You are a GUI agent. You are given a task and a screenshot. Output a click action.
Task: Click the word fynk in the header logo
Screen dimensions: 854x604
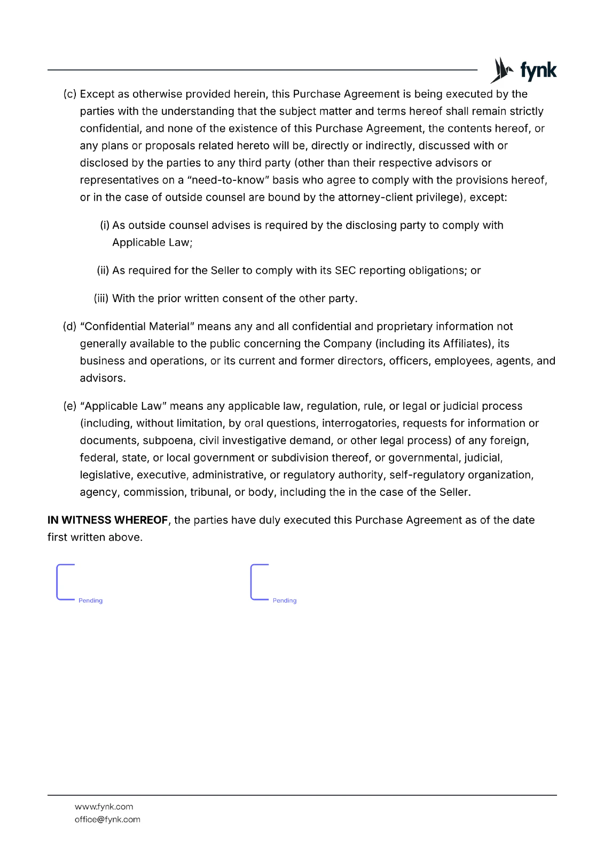538,70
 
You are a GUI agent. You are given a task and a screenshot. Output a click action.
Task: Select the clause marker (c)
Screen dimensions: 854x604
70,94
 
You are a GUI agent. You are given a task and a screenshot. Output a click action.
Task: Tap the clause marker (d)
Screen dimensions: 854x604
70,327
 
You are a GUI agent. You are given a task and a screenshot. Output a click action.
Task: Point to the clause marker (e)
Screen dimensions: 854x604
70,406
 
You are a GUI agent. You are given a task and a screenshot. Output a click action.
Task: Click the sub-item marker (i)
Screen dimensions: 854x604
105,226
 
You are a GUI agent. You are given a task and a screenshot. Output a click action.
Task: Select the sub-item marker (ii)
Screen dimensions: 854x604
103,271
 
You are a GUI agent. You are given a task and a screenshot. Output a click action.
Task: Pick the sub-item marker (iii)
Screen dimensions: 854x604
101,299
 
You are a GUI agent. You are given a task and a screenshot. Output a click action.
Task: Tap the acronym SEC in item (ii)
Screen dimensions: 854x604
345,271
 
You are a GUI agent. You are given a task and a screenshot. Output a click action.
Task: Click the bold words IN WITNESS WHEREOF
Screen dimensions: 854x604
108,520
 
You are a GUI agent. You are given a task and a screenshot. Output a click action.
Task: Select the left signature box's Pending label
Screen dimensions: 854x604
90,601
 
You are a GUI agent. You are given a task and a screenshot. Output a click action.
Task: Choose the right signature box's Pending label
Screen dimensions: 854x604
285,601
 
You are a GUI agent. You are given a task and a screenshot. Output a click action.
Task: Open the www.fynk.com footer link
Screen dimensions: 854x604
104,807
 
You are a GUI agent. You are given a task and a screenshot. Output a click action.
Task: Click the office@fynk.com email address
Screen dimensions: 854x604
107,820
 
